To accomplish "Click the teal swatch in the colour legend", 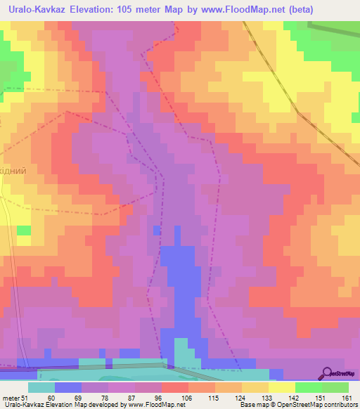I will click(41, 387).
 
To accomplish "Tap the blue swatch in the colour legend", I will click(68, 387).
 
